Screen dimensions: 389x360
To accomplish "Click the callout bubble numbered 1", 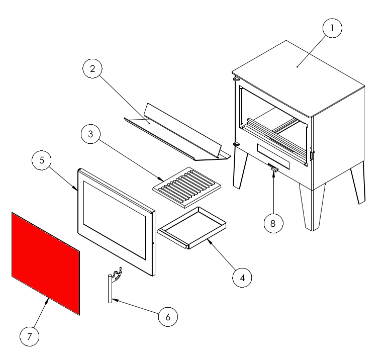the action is click(x=332, y=28).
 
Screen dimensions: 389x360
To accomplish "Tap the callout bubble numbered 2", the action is click(x=92, y=68).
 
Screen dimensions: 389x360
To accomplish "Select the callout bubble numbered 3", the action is click(x=90, y=134).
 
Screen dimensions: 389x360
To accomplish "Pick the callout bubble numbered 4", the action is click(x=242, y=278).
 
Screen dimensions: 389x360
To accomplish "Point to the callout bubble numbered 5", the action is click(x=42, y=160).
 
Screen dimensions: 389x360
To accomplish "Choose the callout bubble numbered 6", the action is click(x=168, y=317).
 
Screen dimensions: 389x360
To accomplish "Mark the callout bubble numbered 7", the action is click(x=30, y=336).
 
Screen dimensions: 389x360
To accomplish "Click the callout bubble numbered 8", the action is click(x=273, y=223).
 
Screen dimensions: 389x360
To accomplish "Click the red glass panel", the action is click(x=46, y=263).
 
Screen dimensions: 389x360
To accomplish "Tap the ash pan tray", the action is click(x=191, y=228).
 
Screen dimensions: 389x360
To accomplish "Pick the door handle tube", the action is click(x=110, y=289).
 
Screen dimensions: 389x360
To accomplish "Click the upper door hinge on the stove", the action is click(x=236, y=79).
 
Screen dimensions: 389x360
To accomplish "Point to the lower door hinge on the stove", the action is click(x=236, y=144).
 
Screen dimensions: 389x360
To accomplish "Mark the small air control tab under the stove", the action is click(x=274, y=169).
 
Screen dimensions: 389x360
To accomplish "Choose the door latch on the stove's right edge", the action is click(x=311, y=155).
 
